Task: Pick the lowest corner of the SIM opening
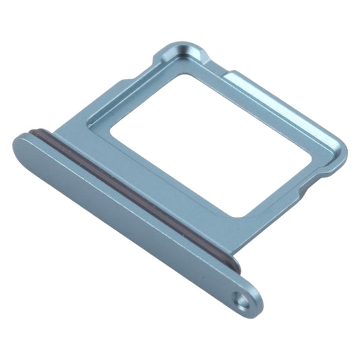(x=236, y=215)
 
